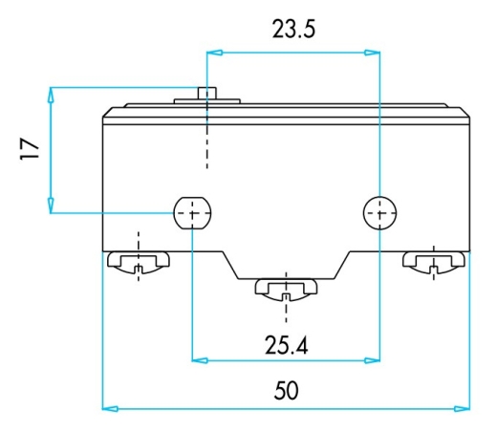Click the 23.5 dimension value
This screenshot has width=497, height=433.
(x=293, y=30)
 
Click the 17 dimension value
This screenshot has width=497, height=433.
(x=30, y=148)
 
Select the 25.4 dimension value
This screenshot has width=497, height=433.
(x=286, y=345)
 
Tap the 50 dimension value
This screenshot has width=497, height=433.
(x=286, y=390)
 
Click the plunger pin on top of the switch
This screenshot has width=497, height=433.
(x=207, y=93)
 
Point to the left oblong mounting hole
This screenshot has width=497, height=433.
(x=192, y=213)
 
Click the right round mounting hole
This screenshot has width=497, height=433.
(x=379, y=213)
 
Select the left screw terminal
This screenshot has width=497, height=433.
(x=139, y=263)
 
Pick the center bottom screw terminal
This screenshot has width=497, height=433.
(x=286, y=290)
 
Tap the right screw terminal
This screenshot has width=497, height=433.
(x=434, y=263)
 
